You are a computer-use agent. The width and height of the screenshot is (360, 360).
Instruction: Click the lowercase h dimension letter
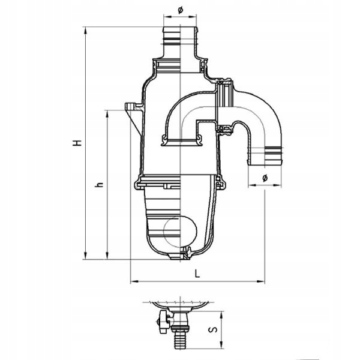98,185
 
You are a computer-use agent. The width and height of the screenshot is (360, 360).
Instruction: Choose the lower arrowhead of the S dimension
221,347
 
